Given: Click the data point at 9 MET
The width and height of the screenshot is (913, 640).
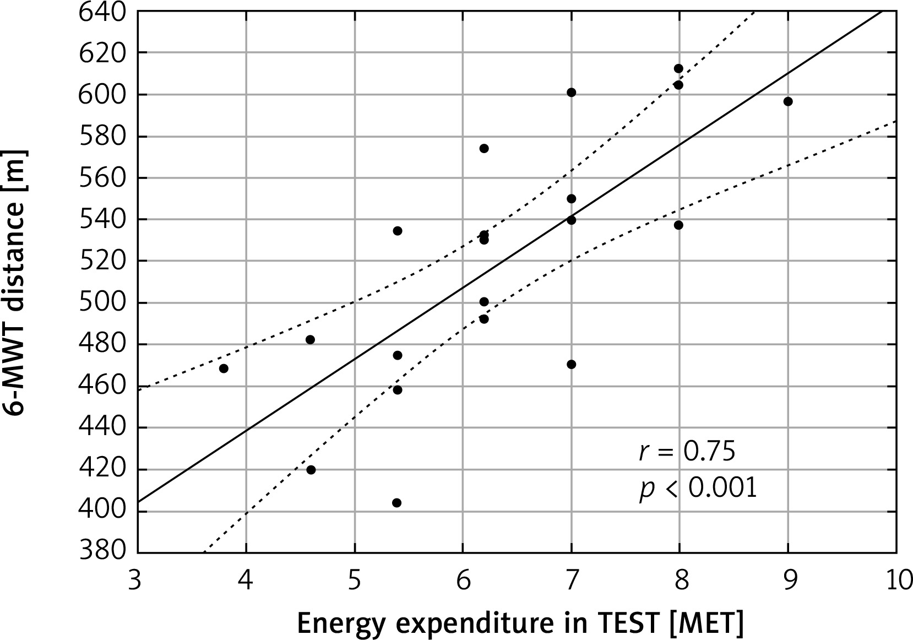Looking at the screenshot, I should tap(788, 101).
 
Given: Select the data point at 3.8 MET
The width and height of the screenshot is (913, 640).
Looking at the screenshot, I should tap(224, 368).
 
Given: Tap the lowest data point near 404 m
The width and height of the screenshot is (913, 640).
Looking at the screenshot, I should tap(396, 503).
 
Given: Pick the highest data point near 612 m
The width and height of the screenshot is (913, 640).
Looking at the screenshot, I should tap(678, 68).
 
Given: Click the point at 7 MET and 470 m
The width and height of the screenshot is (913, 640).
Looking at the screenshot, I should tap(571, 365).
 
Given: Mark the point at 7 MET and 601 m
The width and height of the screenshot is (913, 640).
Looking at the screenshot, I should tap(571, 93).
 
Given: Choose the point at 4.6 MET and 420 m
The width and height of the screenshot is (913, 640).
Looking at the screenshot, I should tap(311, 470).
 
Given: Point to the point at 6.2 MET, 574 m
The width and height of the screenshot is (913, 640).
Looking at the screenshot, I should tap(484, 148).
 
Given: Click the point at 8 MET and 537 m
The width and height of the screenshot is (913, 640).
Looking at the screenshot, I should tap(678, 225).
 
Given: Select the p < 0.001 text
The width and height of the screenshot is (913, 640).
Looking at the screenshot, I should tap(698, 489).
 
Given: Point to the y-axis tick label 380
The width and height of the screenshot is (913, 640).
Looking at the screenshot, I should tap(103, 552).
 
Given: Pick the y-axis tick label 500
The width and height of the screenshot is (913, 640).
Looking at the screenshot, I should tap(103, 302).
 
